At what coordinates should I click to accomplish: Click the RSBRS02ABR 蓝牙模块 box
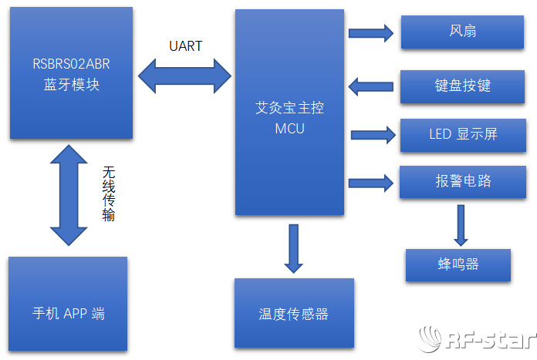(x=71, y=73)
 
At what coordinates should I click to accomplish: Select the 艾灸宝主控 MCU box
(x=289, y=113)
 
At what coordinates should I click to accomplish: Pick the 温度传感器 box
(x=294, y=313)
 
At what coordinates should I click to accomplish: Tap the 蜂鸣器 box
(x=458, y=264)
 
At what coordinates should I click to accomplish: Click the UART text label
(x=185, y=46)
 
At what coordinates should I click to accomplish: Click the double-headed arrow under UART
(x=185, y=75)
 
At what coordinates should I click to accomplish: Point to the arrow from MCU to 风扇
(x=370, y=32)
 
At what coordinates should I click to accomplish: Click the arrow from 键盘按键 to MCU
(x=370, y=86)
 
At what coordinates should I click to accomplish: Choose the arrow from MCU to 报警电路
(x=371, y=183)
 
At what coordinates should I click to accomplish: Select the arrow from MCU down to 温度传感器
(x=293, y=247)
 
